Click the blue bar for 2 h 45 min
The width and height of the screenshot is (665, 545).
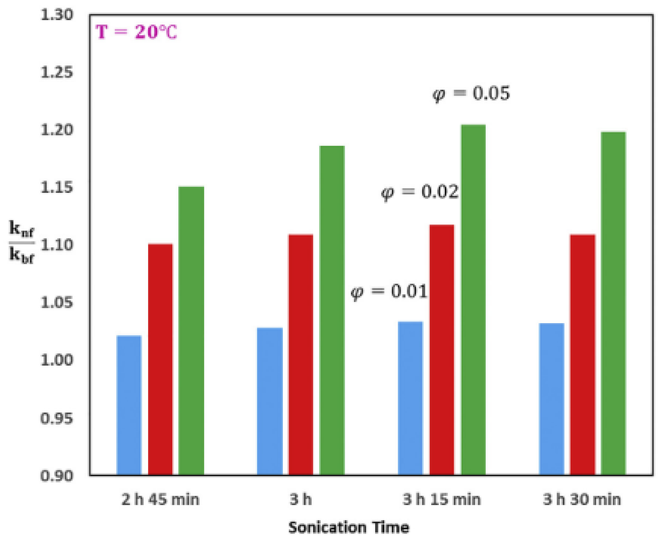(129, 405)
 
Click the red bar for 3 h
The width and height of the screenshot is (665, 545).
(301, 354)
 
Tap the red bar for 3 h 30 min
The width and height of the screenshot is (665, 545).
(583, 354)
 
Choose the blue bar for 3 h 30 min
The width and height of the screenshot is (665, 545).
(551, 399)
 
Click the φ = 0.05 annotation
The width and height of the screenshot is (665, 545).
(471, 94)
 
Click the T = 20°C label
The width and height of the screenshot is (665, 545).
(136, 32)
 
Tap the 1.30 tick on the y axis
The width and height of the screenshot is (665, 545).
(57, 15)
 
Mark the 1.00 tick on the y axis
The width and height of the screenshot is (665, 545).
(57, 360)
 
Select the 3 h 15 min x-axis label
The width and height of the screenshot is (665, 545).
(441, 499)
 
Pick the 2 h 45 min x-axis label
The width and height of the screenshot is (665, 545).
(160, 499)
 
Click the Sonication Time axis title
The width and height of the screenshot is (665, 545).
(349, 527)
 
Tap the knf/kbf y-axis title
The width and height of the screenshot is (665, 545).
(21, 242)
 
